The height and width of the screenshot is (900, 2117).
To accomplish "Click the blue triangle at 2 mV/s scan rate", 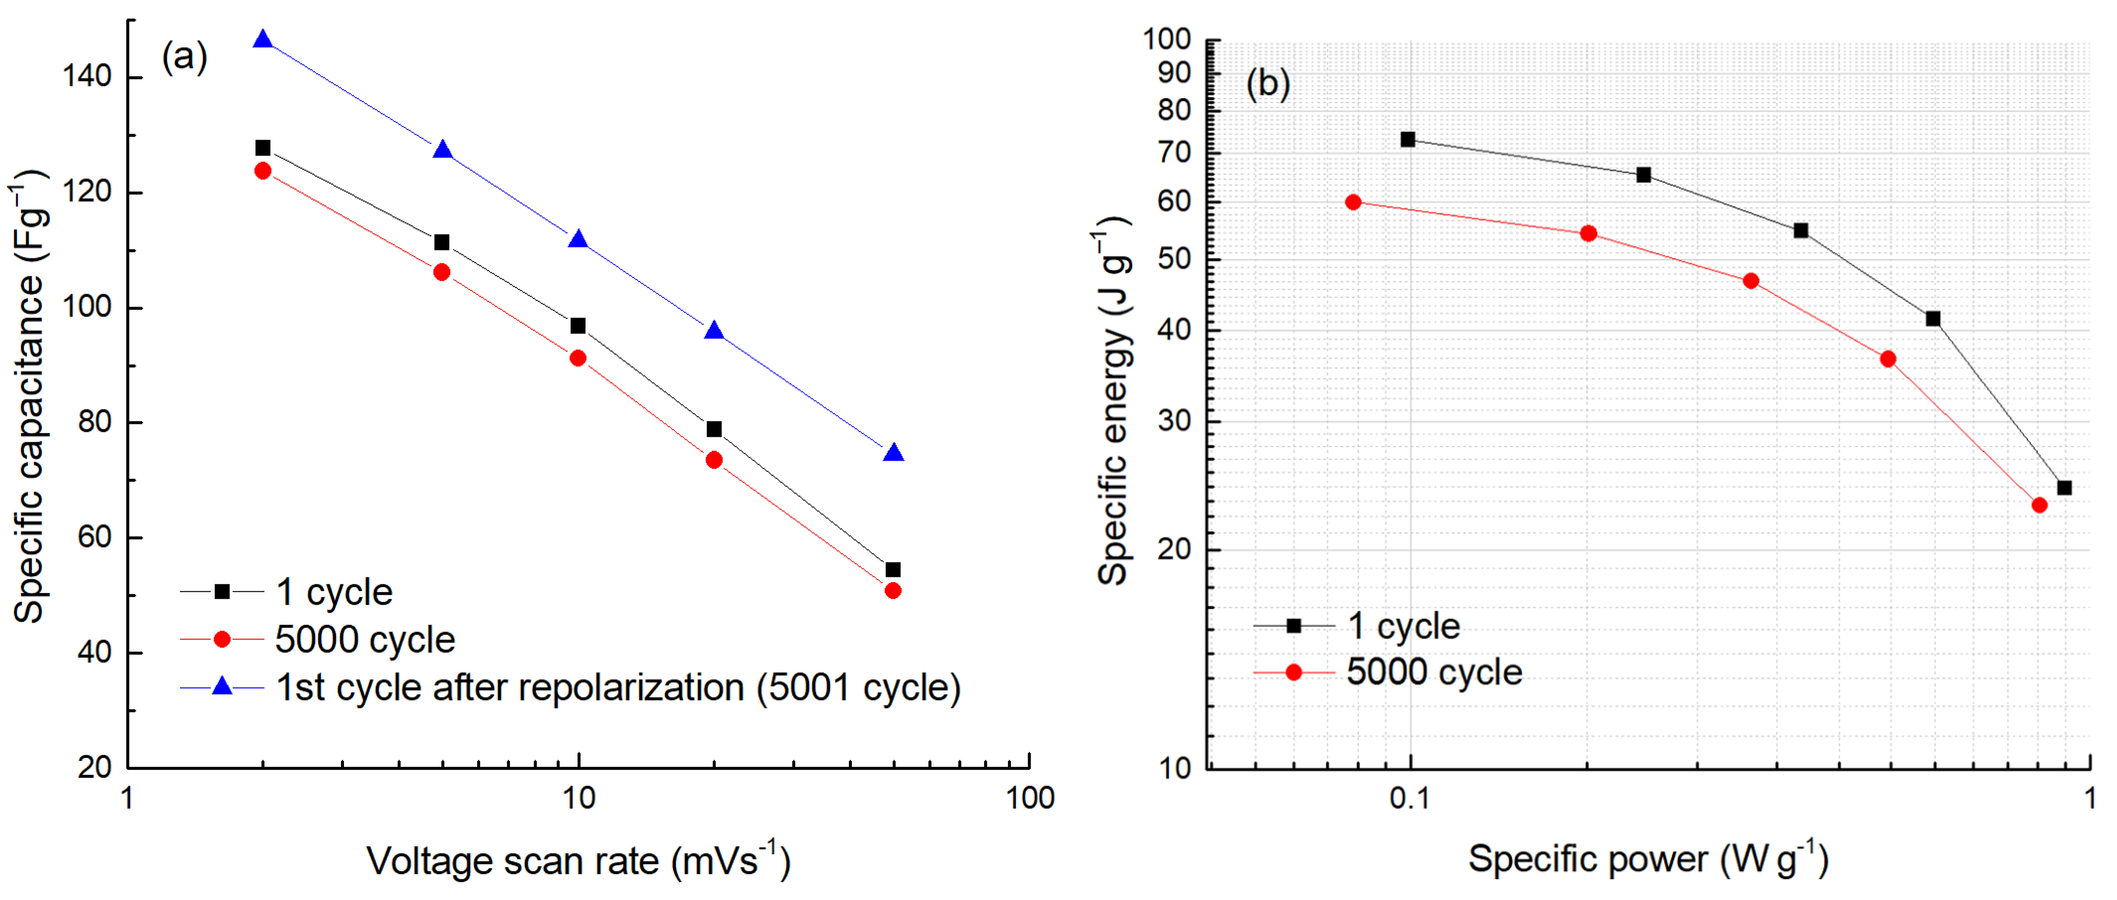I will pyautogui.click(x=263, y=39).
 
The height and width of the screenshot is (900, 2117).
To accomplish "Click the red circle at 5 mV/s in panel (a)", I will pyautogui.click(x=442, y=272).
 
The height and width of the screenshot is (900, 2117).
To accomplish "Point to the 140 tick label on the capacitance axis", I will pyautogui.click(x=86, y=77).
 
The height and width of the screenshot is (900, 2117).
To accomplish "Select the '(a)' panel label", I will pyautogui.click(x=184, y=58).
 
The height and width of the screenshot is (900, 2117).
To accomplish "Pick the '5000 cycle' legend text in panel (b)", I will pyautogui.click(x=1434, y=672).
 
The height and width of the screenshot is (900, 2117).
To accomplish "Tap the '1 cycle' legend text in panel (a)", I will pyautogui.click(x=334, y=592).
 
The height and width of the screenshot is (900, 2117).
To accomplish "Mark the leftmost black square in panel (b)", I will pyautogui.click(x=1408, y=140).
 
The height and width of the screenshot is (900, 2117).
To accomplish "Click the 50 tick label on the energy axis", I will pyautogui.click(x=1175, y=259).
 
